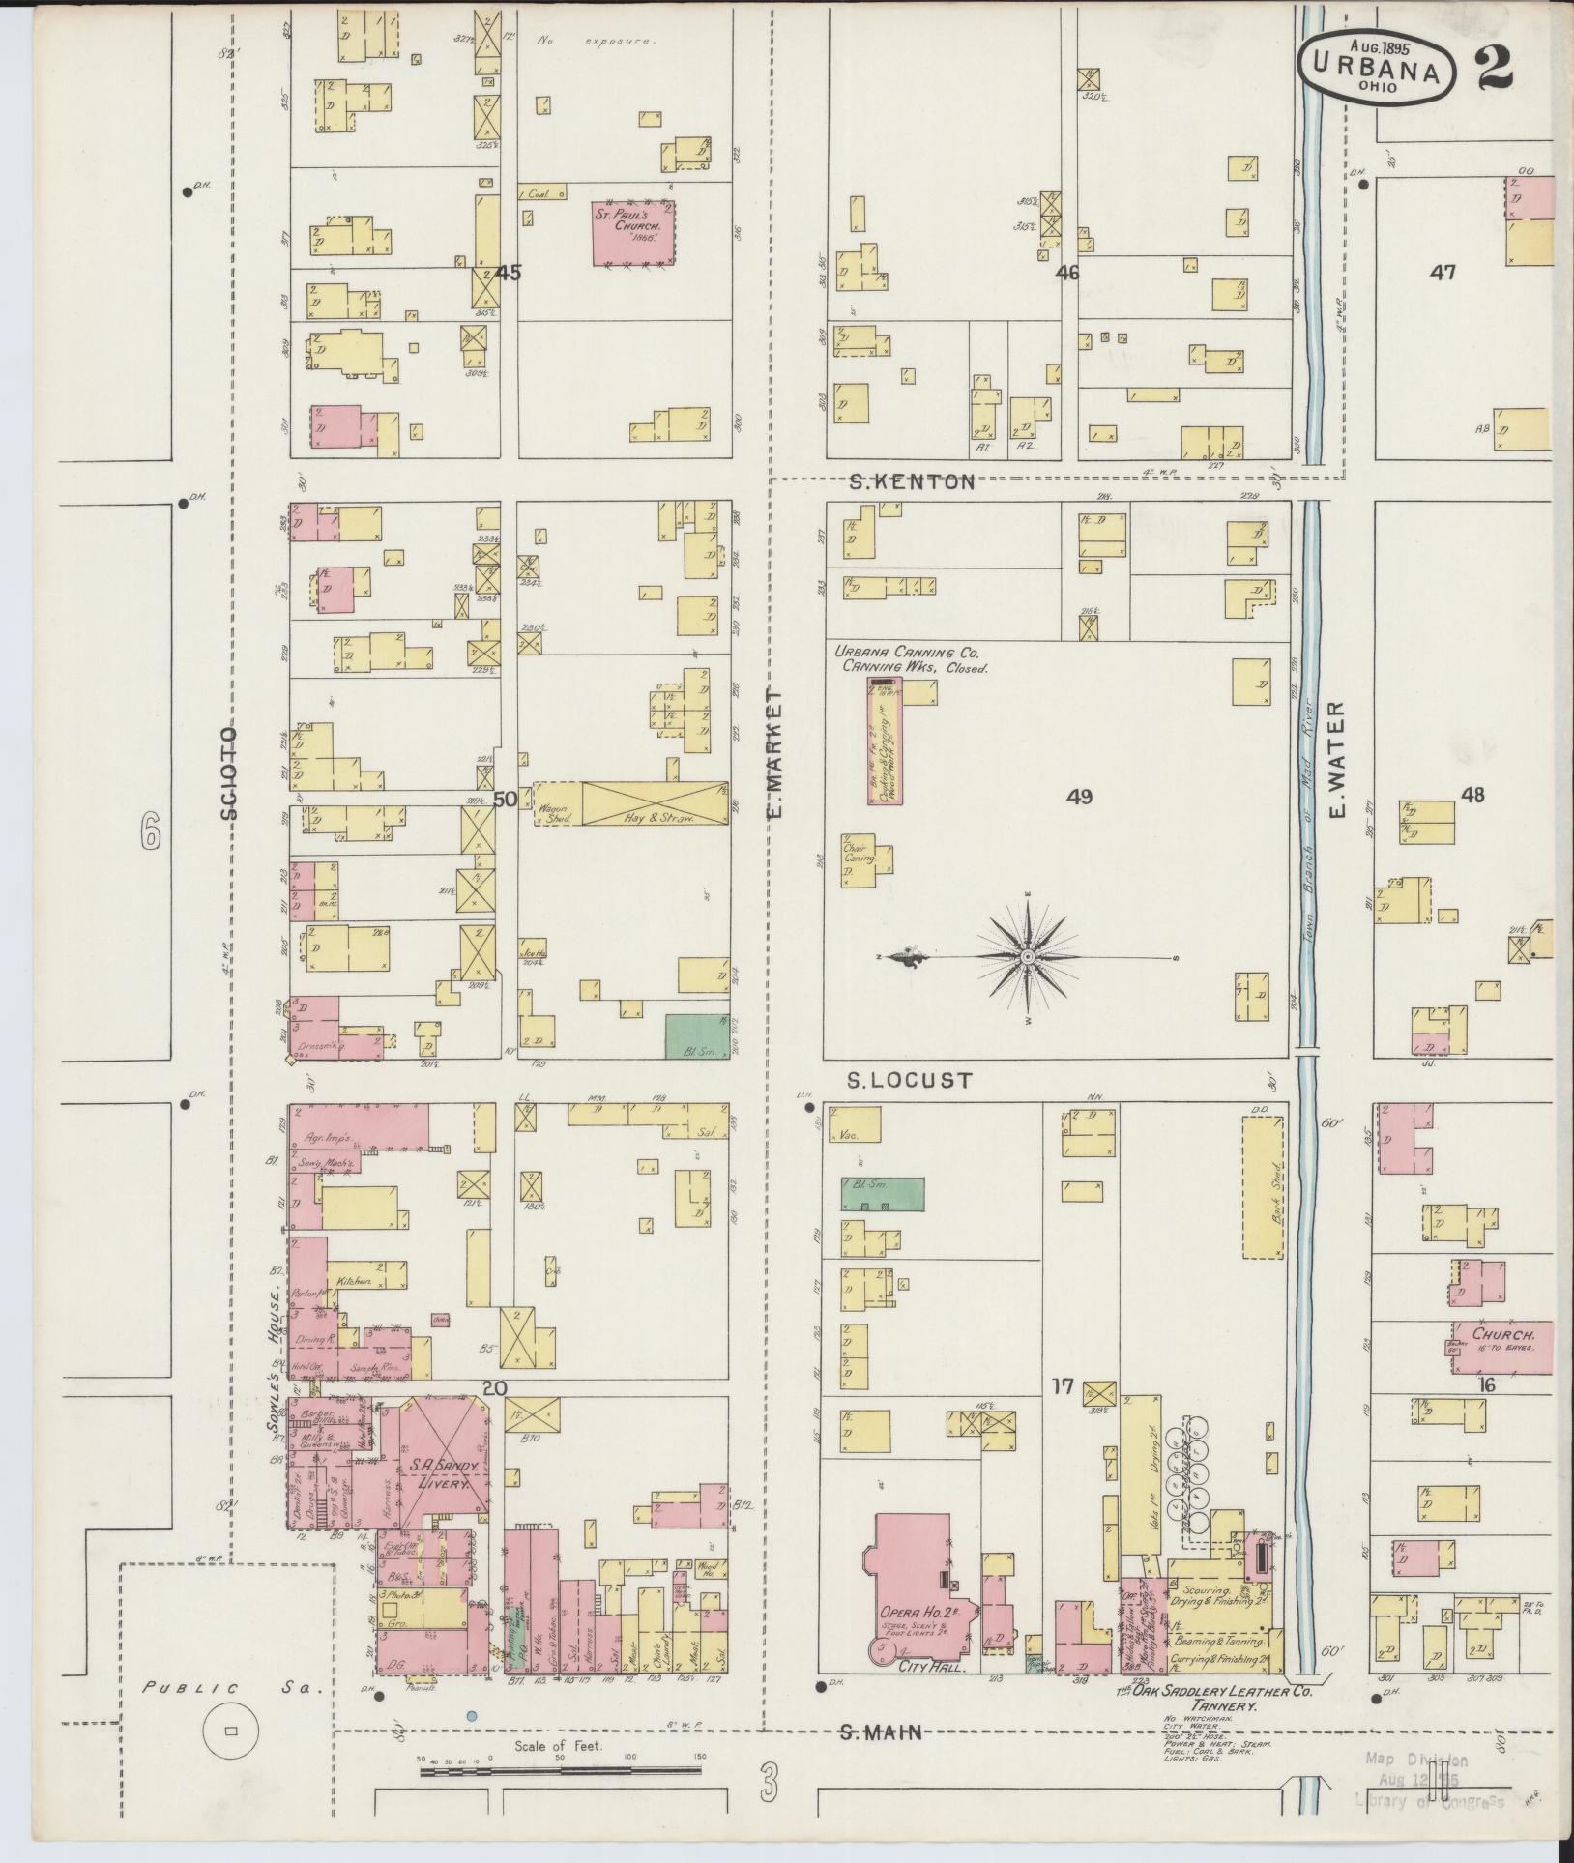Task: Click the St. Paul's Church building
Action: click(633, 233)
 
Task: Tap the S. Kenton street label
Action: click(912, 481)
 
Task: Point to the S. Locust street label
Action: click(909, 1080)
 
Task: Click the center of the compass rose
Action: click(1028, 957)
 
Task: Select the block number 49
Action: click(1079, 797)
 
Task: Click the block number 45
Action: click(508, 274)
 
